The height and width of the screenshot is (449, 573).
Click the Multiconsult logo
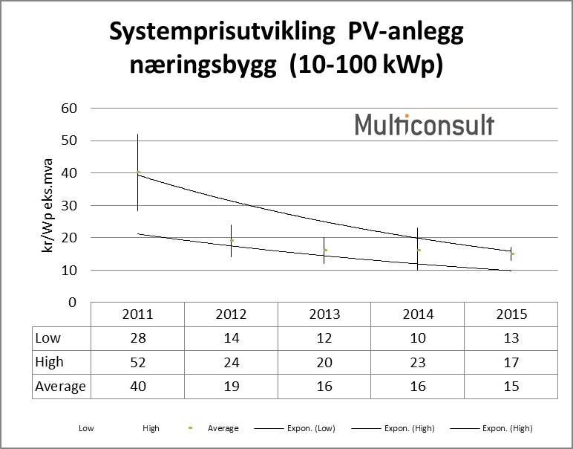pos(424,124)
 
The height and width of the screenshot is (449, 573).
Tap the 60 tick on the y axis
pos(68,108)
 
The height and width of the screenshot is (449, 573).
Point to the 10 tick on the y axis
pos(68,270)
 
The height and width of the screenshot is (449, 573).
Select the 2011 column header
pos(137,314)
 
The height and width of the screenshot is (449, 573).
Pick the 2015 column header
pos(511,314)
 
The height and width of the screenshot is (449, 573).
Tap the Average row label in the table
pos(61,387)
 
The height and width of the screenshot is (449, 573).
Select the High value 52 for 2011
pos(137,362)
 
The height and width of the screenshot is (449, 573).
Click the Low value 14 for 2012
pos(231,337)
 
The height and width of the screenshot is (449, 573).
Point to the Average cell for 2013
pos(324,387)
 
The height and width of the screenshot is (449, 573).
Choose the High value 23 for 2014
pos(418,362)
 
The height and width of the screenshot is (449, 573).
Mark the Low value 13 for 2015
pos(511,337)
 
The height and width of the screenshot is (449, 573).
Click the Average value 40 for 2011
pos(137,387)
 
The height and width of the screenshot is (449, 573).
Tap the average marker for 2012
pos(232,240)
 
